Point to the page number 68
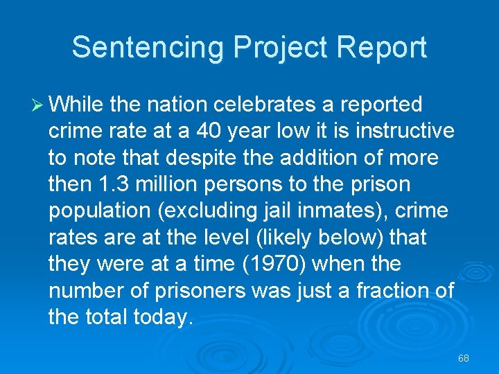[x=464, y=358]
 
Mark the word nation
[x=177, y=105]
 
